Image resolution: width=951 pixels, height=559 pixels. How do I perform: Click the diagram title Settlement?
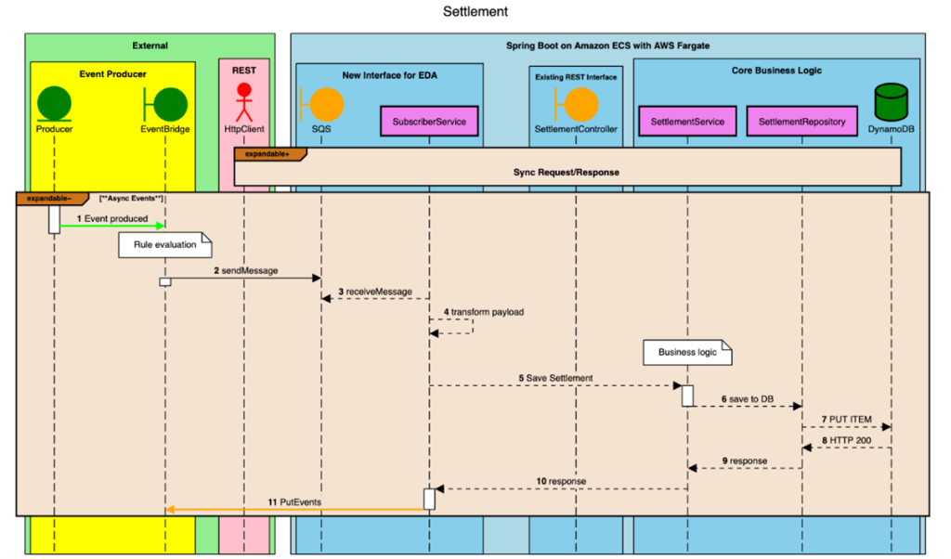(475, 12)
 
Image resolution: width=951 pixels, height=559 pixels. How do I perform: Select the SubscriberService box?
(429, 121)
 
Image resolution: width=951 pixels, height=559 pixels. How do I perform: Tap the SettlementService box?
(687, 121)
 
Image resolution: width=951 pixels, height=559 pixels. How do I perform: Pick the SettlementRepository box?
(801, 121)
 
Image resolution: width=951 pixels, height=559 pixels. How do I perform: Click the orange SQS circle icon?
(321, 104)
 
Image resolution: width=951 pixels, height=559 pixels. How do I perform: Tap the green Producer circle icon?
(54, 101)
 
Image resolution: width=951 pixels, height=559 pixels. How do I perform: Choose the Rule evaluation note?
(164, 245)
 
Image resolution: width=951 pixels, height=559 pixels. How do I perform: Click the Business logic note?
(688, 352)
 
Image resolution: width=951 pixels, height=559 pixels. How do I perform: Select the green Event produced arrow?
(112, 226)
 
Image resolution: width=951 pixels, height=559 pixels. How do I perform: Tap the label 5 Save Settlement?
(555, 377)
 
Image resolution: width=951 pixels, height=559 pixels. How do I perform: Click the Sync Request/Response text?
(566, 173)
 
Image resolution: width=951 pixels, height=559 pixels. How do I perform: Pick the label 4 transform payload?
(483, 312)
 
